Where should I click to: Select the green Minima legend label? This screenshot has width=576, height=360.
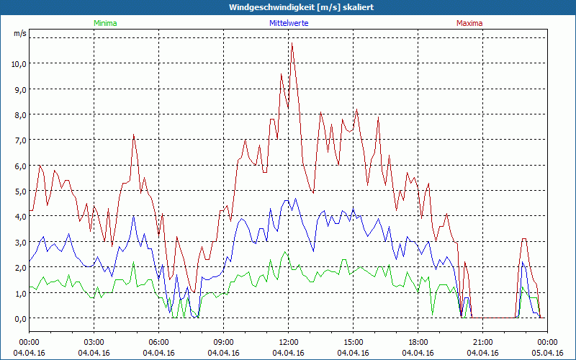(104, 23)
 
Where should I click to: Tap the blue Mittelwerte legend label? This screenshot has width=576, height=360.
(288, 23)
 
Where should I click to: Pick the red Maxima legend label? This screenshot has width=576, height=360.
(469, 23)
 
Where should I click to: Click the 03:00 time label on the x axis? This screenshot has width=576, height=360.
(94, 342)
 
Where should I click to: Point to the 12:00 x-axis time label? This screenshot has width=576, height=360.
(289, 342)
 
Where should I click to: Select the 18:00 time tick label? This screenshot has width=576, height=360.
(418, 342)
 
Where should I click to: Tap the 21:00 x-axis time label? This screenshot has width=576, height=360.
(483, 342)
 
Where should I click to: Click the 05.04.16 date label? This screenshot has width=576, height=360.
(548, 353)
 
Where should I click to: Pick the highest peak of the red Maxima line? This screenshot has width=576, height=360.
(292, 45)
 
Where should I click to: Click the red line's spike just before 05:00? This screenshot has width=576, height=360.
(133, 135)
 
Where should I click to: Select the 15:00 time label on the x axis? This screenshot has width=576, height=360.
(354, 342)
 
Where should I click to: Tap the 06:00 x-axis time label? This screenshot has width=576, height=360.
(159, 342)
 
